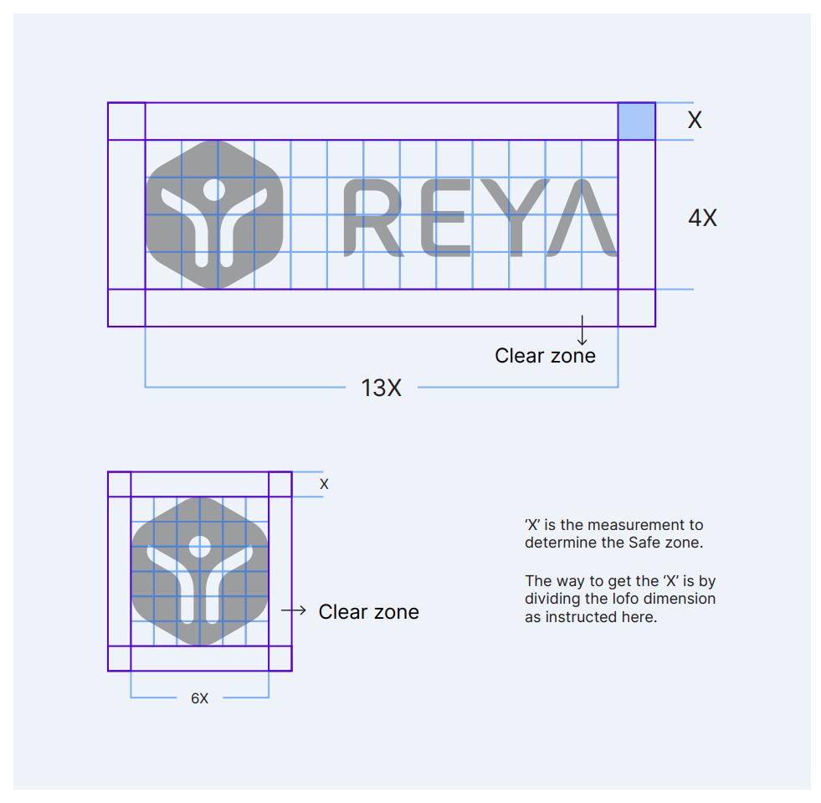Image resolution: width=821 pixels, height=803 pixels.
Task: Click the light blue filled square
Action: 637,121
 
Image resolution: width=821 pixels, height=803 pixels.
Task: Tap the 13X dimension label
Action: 381,389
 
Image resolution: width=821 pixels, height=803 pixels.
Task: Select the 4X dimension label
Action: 703,218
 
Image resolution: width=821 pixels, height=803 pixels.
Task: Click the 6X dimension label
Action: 199,698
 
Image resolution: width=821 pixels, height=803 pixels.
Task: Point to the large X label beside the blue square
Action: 695,120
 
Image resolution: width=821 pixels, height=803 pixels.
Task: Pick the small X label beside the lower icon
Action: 324,484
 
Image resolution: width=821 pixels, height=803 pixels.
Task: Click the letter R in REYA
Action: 372,218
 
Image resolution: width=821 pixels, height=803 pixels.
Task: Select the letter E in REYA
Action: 445,218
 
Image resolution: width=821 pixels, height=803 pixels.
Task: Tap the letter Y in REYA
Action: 516,218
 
